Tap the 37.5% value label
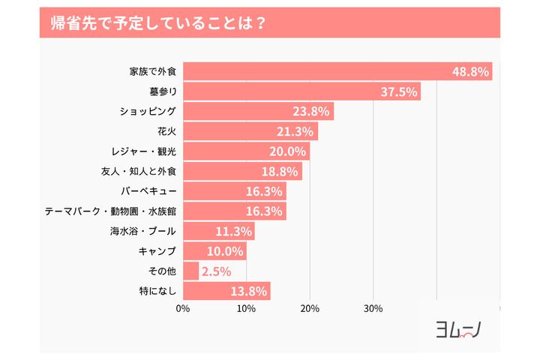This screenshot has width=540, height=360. tap(399, 91)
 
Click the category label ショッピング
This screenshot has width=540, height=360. tap(148, 111)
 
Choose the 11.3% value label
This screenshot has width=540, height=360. tap(233, 231)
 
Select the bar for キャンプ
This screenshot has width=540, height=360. tap(214, 250)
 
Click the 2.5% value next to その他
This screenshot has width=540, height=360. tap(215, 271)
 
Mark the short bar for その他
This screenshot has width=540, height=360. tap(190, 271)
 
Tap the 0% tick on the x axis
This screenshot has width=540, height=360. tap(183, 308)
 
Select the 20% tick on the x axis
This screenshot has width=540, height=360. tap(310, 308)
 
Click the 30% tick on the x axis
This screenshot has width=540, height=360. tap(373, 308)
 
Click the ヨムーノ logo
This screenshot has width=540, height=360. tap(458, 328)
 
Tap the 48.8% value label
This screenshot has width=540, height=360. tap(470, 72)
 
